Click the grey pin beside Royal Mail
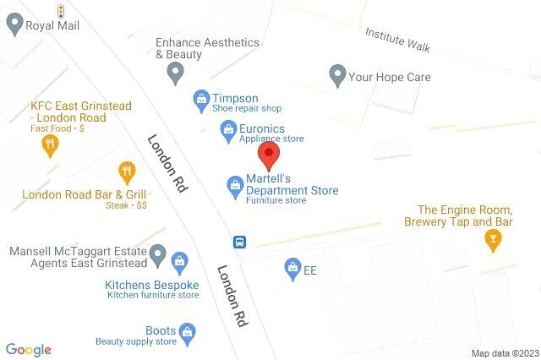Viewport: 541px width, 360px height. point(14,25)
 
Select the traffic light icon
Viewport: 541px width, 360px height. point(61,10)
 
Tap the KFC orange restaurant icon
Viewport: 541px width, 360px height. point(50,145)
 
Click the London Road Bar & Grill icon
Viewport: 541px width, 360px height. point(127,172)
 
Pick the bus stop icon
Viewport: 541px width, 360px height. point(241,242)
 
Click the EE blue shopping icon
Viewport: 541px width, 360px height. point(291,268)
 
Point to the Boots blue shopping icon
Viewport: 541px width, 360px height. point(188,331)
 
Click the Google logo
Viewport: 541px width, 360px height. point(29,349)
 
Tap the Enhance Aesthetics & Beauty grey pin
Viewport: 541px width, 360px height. point(176,74)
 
